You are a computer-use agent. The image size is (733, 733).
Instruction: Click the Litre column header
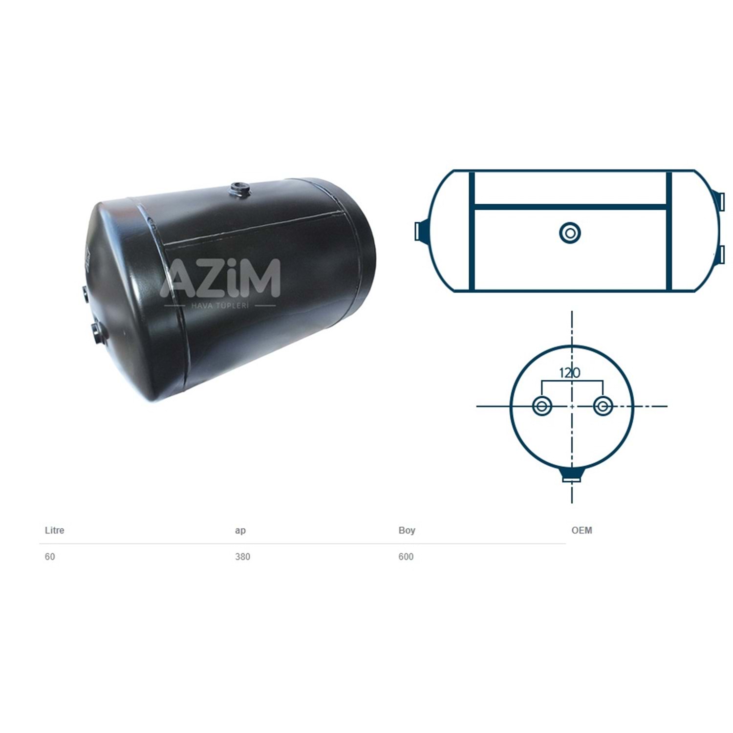point(54,530)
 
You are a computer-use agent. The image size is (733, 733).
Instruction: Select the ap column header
point(240,531)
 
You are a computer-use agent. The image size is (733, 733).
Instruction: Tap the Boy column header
point(407,530)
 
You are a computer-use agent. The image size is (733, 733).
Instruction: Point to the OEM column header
point(582,530)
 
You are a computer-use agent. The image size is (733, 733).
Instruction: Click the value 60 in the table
point(50,557)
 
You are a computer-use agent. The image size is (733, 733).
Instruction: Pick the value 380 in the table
point(242,557)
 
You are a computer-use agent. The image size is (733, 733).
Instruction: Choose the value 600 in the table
point(406,557)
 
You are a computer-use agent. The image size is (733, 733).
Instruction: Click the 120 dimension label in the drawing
point(570,373)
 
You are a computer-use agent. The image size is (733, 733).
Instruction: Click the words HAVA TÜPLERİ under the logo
point(220,305)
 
